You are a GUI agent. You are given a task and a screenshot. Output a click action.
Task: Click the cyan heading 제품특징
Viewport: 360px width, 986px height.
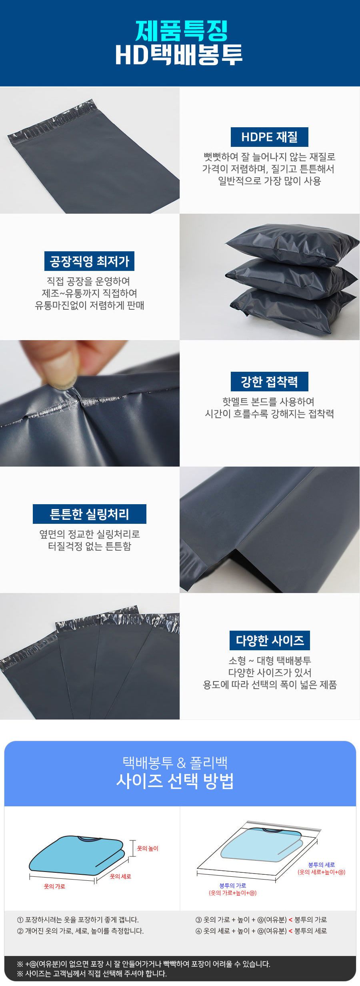tap(181, 31)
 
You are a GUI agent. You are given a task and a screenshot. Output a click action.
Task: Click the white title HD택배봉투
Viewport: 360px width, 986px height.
tap(179, 55)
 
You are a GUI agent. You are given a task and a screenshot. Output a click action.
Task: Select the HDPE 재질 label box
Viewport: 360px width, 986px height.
tap(270, 137)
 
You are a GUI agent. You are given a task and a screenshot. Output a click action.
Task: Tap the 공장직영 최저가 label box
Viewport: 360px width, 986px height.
tap(89, 261)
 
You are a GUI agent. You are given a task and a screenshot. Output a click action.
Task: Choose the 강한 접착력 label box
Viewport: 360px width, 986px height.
tap(270, 382)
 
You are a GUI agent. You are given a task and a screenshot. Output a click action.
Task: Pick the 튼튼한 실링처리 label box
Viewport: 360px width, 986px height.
tap(90, 514)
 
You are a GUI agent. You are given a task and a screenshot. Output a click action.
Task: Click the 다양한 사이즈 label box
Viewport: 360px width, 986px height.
tap(270, 641)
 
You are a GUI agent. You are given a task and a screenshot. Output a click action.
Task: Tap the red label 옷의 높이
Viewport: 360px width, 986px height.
tap(148, 848)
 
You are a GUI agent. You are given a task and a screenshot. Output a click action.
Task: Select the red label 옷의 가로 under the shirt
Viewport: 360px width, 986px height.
tap(54, 886)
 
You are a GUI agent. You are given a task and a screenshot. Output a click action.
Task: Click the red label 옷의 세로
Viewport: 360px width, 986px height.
tap(120, 876)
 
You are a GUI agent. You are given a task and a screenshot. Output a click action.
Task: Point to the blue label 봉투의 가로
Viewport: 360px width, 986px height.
tap(233, 886)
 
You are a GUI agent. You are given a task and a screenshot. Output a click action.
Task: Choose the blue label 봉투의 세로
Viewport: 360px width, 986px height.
tap(322, 865)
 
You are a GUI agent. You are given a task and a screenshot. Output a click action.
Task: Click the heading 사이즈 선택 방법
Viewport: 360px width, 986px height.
tap(175, 781)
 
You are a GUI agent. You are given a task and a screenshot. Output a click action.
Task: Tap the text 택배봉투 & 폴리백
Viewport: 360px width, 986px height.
tap(175, 763)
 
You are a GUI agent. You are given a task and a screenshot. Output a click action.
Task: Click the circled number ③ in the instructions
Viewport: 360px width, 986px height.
tap(199, 920)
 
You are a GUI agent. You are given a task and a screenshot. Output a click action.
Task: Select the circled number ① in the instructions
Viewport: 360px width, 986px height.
tap(20, 920)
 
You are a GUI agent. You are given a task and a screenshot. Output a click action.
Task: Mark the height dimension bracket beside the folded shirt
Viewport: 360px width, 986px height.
tap(133, 848)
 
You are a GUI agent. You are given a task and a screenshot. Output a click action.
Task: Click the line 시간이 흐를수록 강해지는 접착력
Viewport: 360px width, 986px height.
tap(270, 414)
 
